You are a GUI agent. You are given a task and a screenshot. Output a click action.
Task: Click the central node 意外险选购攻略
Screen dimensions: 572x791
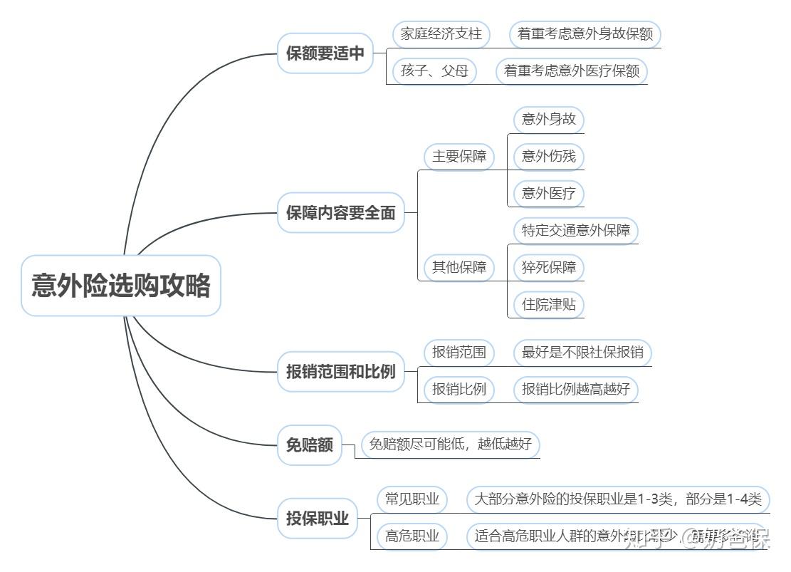(121, 286)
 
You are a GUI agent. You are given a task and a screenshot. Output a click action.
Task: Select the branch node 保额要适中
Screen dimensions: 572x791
(325, 53)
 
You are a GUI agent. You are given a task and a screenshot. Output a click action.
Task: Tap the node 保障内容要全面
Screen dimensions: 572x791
(340, 212)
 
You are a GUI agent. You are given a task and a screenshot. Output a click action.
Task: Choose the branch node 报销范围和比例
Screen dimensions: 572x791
(340, 371)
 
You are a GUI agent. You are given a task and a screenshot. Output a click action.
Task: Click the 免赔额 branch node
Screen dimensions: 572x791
(310, 445)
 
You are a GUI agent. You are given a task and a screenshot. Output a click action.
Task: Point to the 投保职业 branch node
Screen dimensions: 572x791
(318, 518)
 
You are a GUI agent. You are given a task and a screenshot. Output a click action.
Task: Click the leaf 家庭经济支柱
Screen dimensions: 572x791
(441, 34)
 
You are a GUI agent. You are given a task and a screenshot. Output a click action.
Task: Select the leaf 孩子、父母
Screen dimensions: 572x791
(434, 71)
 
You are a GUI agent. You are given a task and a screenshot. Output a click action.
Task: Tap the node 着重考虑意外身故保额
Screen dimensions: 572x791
(585, 34)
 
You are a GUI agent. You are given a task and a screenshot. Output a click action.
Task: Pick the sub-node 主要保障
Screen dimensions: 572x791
(459, 157)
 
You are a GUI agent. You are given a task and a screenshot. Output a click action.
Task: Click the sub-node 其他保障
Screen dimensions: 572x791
(459, 268)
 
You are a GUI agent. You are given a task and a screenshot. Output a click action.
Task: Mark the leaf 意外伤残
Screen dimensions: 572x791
(548, 156)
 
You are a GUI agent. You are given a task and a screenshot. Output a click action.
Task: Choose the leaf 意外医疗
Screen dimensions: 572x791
(548, 193)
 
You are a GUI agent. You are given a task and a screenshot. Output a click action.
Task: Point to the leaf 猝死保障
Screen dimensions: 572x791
(548, 268)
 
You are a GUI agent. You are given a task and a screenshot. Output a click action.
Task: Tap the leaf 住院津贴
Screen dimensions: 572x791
(548, 305)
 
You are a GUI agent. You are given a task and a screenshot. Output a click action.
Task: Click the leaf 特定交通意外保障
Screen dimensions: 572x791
(575, 231)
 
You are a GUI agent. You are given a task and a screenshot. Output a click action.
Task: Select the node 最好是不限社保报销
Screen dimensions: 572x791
(582, 352)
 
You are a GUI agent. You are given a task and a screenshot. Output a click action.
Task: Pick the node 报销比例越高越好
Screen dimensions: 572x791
(575, 389)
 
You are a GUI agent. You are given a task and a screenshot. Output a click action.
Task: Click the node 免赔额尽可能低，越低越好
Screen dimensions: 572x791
(450, 445)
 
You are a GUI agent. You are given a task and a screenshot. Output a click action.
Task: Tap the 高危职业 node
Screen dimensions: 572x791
(412, 536)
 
